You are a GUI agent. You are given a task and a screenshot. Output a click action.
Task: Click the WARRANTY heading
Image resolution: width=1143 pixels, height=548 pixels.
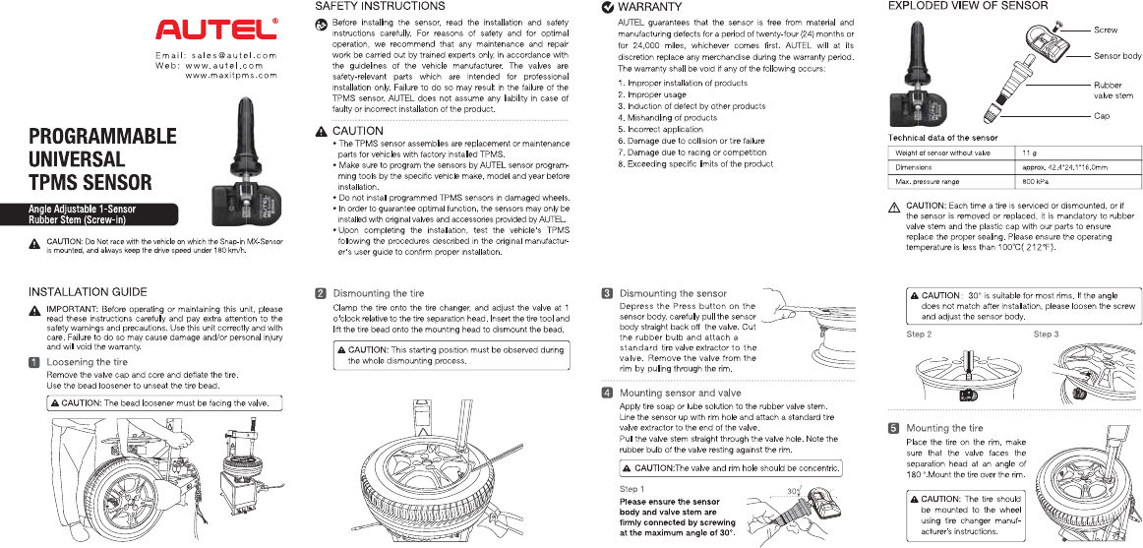[650, 7]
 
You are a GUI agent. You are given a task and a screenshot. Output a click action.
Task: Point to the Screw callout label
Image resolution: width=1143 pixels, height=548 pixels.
[1106, 30]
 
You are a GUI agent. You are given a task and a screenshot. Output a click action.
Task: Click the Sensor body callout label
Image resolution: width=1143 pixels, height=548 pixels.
[1117, 56]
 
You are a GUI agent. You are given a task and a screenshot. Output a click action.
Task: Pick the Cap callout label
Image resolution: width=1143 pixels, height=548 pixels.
[1102, 116]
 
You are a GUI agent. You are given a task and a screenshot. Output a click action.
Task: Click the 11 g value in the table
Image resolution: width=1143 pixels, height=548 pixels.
[1030, 153]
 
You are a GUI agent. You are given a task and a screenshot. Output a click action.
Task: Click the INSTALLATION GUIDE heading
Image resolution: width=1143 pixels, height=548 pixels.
[88, 292]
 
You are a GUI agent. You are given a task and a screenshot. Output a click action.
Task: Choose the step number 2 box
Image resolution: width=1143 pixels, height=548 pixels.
[321, 293]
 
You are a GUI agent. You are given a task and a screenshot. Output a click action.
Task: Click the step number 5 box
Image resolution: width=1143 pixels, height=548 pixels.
[893, 429]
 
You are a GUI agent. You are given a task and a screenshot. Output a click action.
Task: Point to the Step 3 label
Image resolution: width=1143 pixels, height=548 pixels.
[1046, 335]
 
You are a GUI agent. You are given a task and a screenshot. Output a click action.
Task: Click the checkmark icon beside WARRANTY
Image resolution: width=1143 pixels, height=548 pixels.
[607, 8]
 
